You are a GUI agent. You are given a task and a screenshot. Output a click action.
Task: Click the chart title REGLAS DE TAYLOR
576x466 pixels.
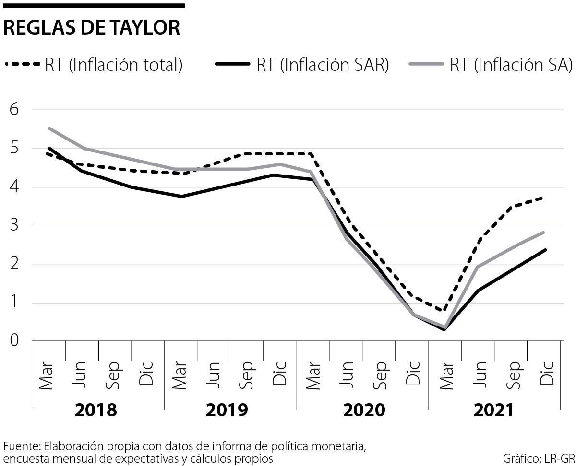pyautogui.click(x=92, y=28)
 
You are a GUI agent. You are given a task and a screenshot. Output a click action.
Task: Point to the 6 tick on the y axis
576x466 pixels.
pyautogui.click(x=14, y=109)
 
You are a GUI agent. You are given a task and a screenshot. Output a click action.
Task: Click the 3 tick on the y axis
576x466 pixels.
pyautogui.click(x=14, y=226)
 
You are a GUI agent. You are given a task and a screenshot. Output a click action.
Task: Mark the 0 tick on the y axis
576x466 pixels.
pyautogui.click(x=14, y=341)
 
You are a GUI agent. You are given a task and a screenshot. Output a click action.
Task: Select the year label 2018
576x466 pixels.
pyautogui.click(x=96, y=410)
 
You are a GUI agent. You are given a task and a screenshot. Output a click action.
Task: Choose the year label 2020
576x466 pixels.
pyautogui.click(x=363, y=410)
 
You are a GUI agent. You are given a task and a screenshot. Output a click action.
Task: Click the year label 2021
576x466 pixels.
pyautogui.click(x=494, y=410)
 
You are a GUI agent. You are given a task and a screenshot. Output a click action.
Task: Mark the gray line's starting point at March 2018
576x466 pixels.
pyautogui.click(x=49, y=128)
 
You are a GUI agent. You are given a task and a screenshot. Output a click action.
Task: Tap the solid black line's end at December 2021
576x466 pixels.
pyautogui.click(x=545, y=250)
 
